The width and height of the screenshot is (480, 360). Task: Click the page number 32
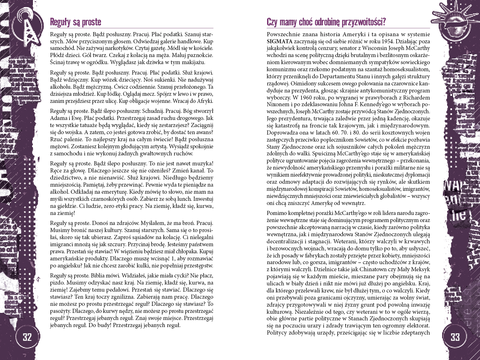27,337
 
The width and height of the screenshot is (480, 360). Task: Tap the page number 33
454,337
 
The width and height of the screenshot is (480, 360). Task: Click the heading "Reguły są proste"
75,22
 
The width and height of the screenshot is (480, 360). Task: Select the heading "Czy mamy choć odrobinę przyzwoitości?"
326,22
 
